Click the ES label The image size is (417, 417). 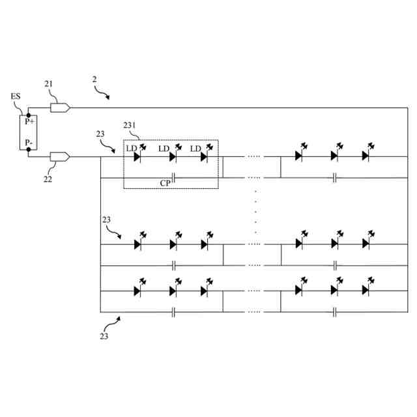tap(16, 96)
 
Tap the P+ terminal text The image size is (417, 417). tap(30, 122)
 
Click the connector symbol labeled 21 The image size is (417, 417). tap(60, 107)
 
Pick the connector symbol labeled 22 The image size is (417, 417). tap(60, 156)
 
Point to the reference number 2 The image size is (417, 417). tap(94, 79)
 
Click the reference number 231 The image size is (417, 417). tap(131, 124)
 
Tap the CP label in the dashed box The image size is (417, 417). tap(165, 183)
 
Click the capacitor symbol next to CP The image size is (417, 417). tap(174, 177)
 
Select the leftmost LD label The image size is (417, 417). tap(131, 149)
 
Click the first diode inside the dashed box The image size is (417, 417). tap(137, 156)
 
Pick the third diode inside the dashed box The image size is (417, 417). tap(204, 156)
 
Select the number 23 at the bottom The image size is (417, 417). tap(104, 337)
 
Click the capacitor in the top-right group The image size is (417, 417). tap(334, 177)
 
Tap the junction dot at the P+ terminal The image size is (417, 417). tap(29, 115)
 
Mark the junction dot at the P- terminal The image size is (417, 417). tap(29, 149)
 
